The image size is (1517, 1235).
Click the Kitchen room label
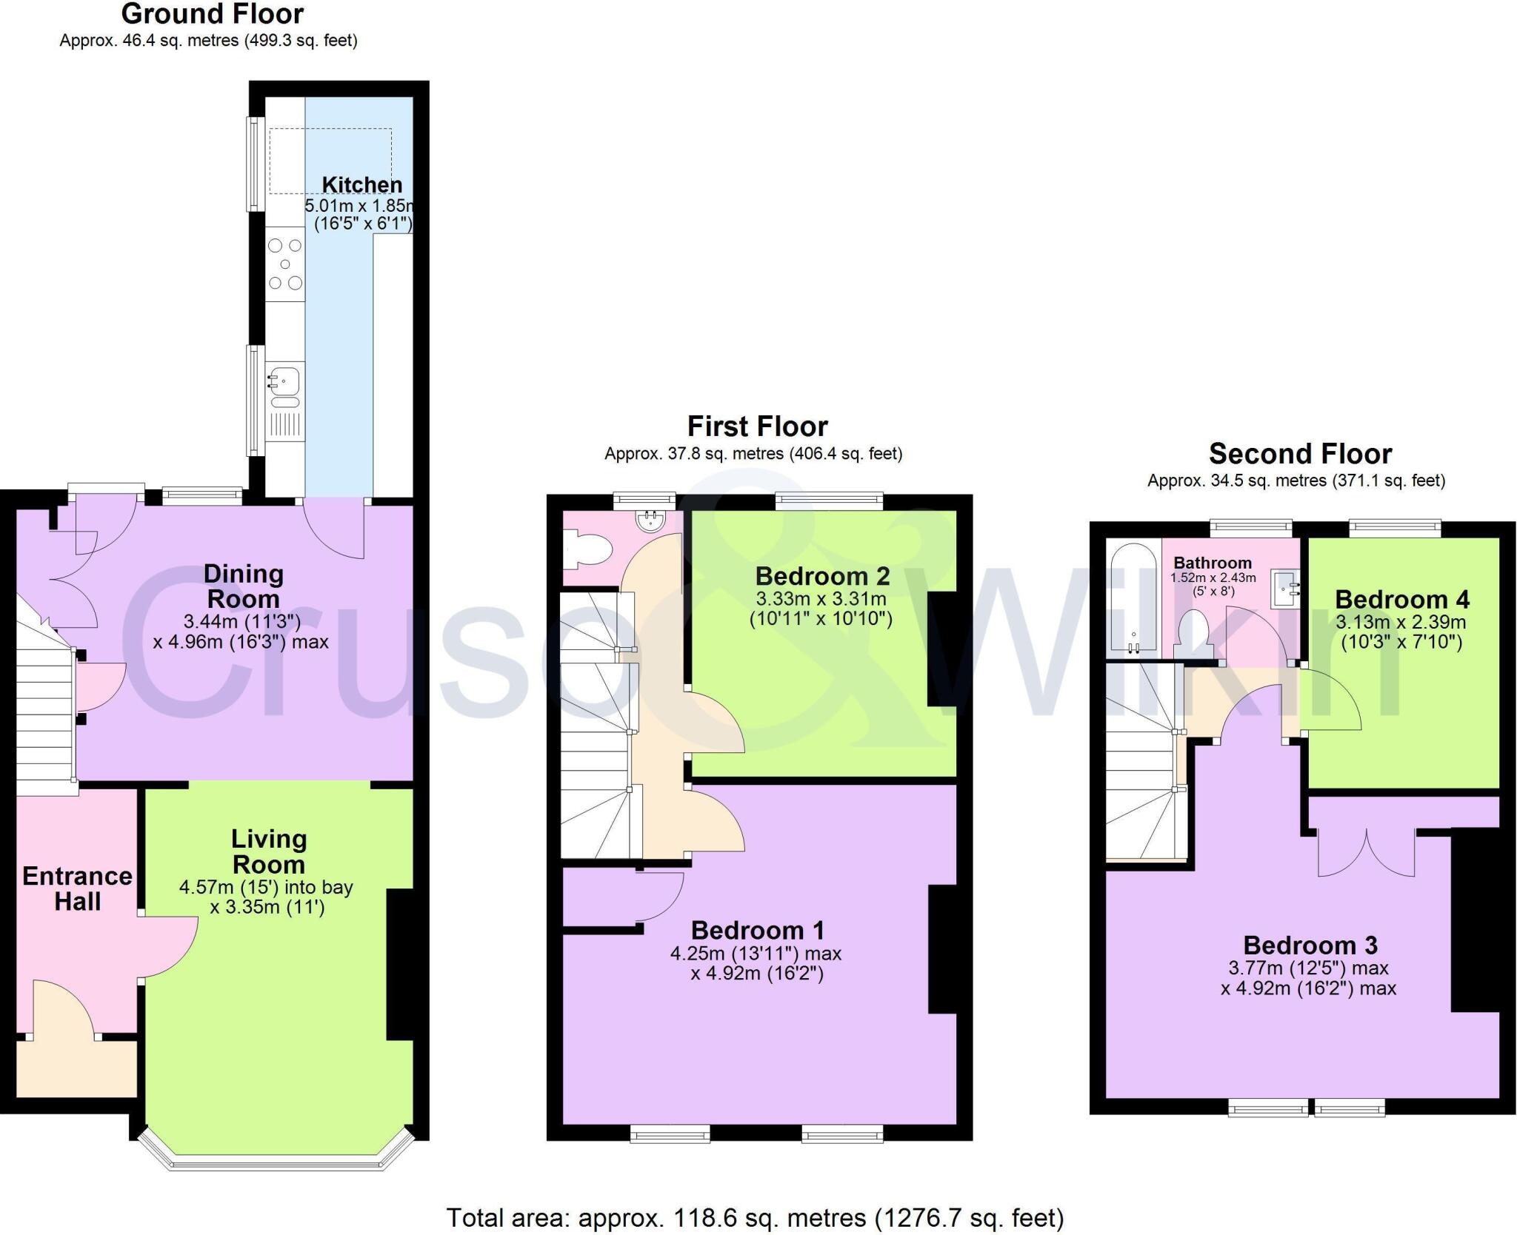[x=361, y=184]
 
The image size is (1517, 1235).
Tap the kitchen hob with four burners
[x=285, y=264]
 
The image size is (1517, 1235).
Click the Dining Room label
[x=243, y=586]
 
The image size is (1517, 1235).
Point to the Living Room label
[x=268, y=851]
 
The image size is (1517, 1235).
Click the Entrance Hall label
[x=77, y=888]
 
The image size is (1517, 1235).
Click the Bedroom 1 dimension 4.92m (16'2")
[x=756, y=973]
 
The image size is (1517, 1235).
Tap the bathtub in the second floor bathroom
[x=1133, y=597]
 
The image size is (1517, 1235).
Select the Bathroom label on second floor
[x=1212, y=563]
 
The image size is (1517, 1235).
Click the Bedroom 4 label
[x=1401, y=599]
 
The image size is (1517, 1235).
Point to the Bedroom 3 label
[x=1310, y=946]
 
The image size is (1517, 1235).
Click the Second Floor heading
[x=1300, y=453]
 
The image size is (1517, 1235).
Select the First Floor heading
[x=757, y=426]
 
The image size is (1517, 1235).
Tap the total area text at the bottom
[x=755, y=1217]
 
